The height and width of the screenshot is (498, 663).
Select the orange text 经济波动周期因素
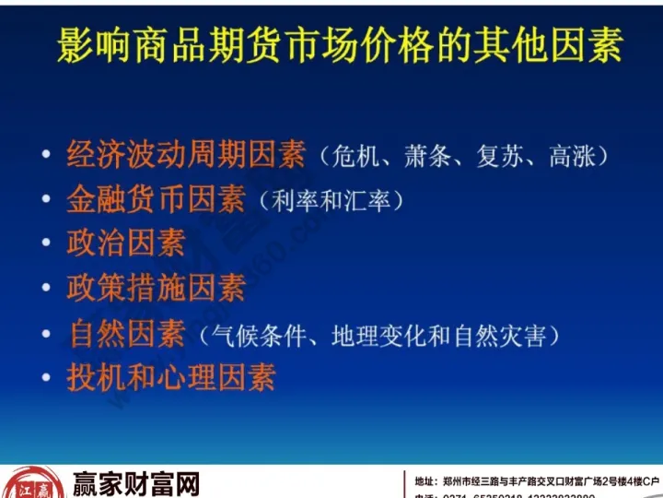[185, 154]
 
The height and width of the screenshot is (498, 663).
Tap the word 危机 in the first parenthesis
[351, 157]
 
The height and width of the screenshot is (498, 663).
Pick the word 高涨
[568, 157]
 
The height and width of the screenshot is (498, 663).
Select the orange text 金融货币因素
[156, 198]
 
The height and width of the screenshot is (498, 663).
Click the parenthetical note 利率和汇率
[331, 201]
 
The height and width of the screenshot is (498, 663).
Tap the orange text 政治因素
[125, 243]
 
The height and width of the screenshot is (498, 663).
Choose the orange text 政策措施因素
[156, 288]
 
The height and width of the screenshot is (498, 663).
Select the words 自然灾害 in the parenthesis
[501, 336]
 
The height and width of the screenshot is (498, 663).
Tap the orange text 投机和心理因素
[170, 378]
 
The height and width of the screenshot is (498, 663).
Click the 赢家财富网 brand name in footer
[135, 483]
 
